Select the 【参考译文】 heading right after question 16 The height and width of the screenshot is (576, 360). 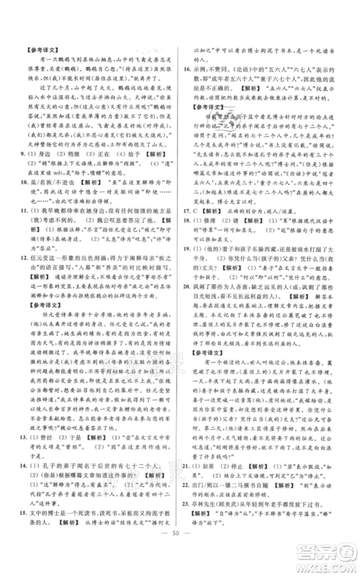point(204,108)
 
